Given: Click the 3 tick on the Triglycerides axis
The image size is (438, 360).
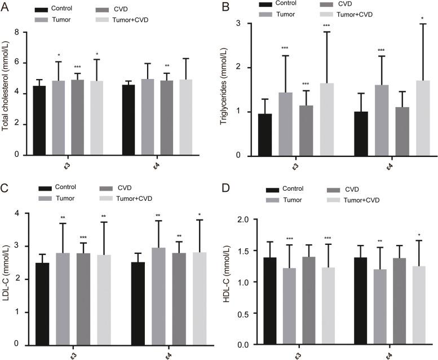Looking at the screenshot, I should click(240, 24).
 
